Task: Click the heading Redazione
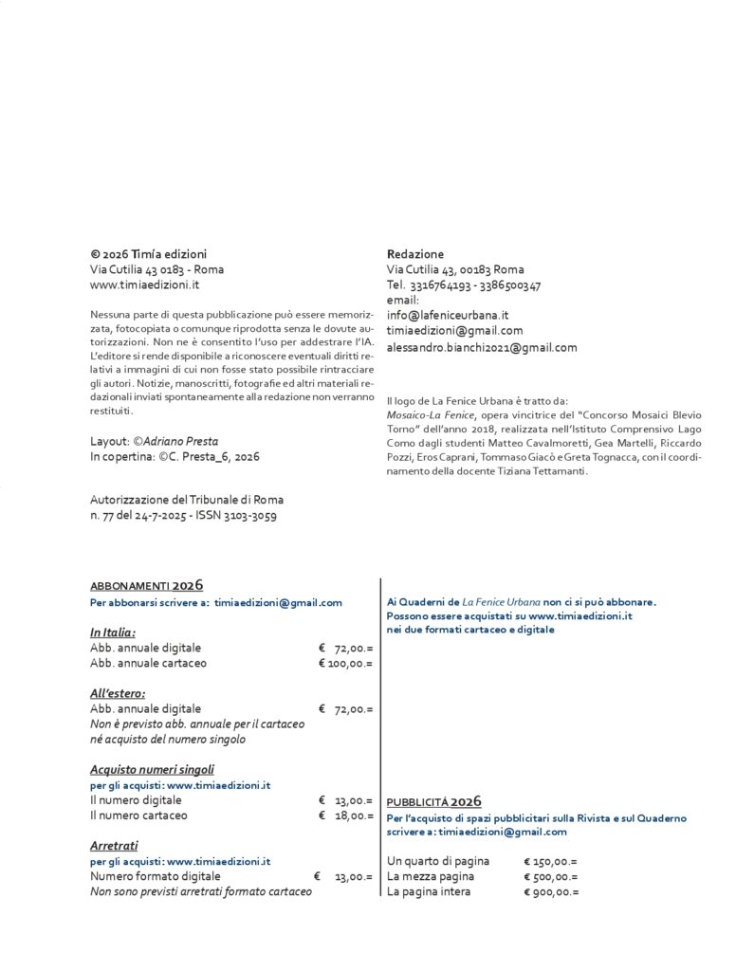[414, 254]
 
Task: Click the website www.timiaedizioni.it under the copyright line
[144, 284]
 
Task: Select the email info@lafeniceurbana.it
[448, 315]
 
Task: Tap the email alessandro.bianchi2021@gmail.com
[482, 347]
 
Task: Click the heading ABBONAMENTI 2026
[146, 586]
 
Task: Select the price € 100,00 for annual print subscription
[345, 663]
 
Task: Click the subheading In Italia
[113, 632]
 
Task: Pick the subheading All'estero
[118, 693]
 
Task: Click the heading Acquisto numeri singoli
[152, 769]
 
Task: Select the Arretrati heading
[114, 845]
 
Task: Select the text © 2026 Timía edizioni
[148, 254]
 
